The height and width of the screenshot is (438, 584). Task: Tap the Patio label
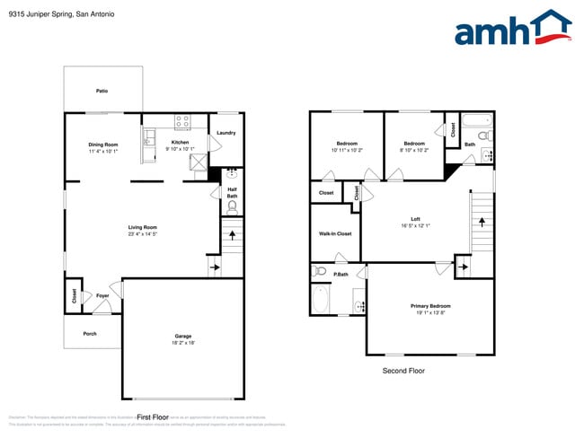coord(102,91)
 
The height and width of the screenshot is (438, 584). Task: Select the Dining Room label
coord(103,145)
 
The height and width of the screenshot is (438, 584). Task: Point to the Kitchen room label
coord(181,143)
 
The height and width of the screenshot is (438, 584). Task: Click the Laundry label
coord(226,134)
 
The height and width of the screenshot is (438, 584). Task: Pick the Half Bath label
coord(232,192)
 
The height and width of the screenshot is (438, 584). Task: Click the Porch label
coord(90,334)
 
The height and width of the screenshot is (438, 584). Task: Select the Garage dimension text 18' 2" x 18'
coord(183,343)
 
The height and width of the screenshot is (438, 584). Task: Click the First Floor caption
coord(154,416)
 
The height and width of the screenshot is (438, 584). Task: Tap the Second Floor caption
coord(403,371)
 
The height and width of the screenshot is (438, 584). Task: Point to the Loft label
coord(415,219)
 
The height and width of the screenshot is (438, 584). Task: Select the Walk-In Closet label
coord(335,234)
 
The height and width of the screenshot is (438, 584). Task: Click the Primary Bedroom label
coord(430,306)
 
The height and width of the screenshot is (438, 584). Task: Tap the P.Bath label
coord(341,275)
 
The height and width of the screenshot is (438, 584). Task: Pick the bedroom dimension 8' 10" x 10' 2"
coord(414,150)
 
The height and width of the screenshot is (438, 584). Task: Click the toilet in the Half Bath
coord(232,206)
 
